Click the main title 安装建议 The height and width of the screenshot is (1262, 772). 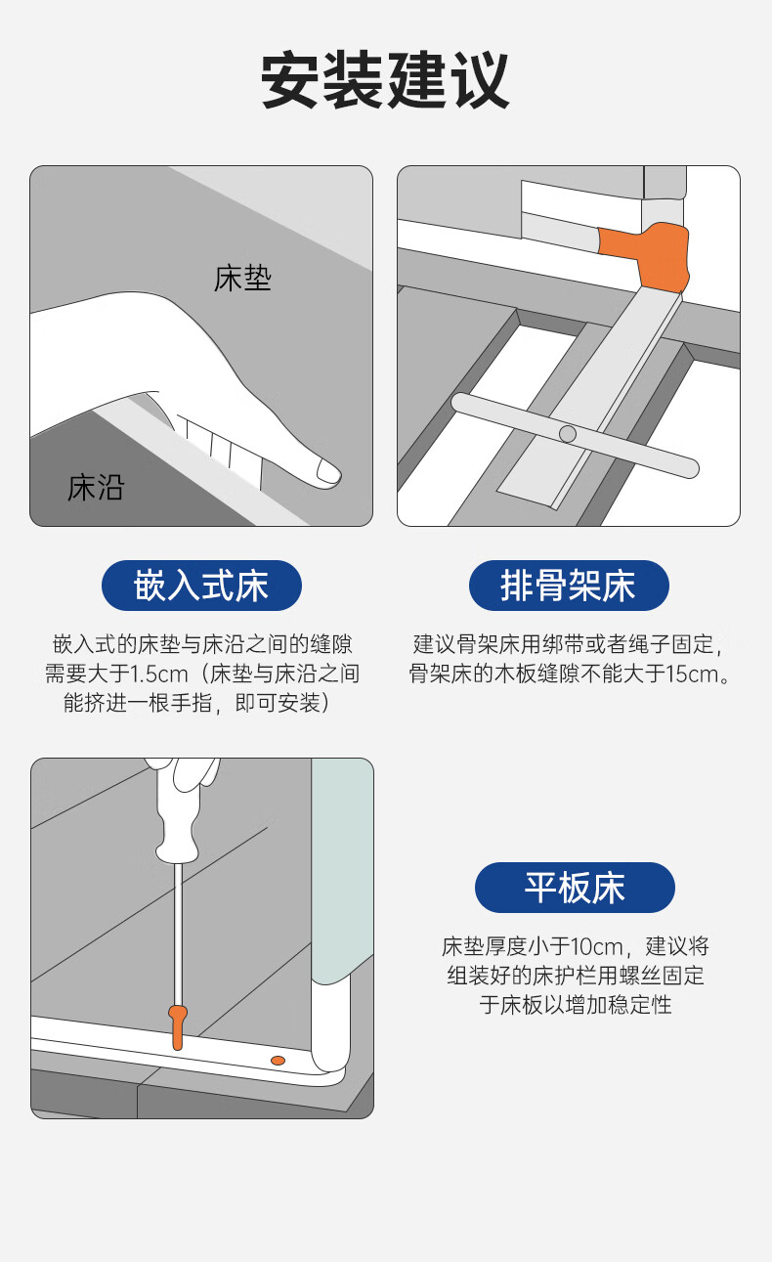click(x=385, y=79)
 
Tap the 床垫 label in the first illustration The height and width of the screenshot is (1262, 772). click(x=242, y=279)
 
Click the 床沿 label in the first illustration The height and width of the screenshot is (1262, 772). click(x=96, y=488)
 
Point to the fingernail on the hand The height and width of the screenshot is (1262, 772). click(x=327, y=471)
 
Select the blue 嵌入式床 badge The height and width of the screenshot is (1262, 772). click(x=201, y=586)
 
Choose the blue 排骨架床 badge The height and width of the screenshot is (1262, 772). click(x=569, y=586)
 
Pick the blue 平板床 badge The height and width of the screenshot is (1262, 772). click(x=575, y=888)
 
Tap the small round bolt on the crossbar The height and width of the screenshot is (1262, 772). click(x=568, y=434)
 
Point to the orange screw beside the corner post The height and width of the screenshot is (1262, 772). click(x=278, y=1061)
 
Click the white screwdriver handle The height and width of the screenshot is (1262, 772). click(x=179, y=810)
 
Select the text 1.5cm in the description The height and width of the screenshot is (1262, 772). click(x=159, y=674)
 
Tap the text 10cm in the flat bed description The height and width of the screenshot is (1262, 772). click(x=596, y=946)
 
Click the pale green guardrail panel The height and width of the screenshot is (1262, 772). click(x=342, y=868)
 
